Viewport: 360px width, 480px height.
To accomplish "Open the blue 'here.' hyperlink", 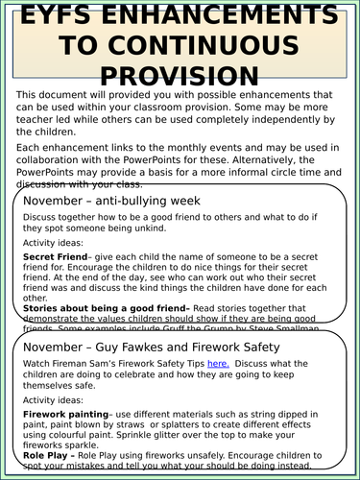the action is pyautogui.click(x=218, y=365).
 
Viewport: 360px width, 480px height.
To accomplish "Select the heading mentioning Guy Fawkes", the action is pyautogui.click(x=152, y=347).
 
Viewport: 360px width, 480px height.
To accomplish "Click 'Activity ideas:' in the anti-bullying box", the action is pyautogui.click(x=56, y=244).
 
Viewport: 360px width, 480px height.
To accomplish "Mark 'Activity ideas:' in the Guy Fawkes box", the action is pyautogui.click(x=56, y=398).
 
